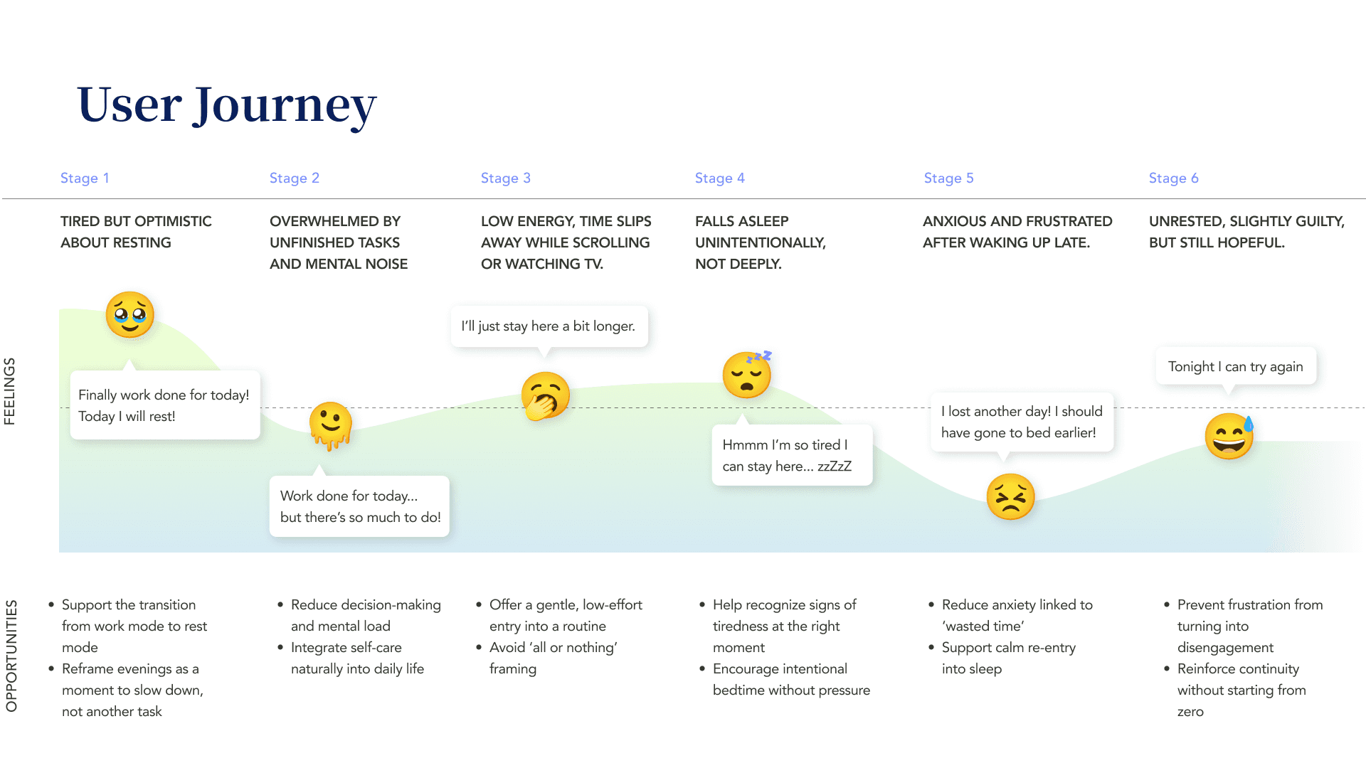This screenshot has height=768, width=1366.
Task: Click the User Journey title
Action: pyautogui.click(x=226, y=105)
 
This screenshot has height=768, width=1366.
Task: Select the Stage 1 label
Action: pyautogui.click(x=85, y=178)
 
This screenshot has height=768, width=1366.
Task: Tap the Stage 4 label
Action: pyautogui.click(x=719, y=178)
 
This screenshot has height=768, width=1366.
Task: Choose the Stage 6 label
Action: pyautogui.click(x=1173, y=178)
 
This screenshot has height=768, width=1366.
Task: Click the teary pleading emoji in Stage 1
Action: pyautogui.click(x=129, y=314)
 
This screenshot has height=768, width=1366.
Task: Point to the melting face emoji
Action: pyautogui.click(x=331, y=425)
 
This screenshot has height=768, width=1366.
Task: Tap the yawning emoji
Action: pyautogui.click(x=545, y=396)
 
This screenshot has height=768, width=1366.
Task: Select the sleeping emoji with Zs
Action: pyautogui.click(x=747, y=374)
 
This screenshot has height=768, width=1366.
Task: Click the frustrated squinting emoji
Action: pyautogui.click(x=1010, y=496)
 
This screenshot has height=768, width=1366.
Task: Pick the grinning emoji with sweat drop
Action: pyautogui.click(x=1229, y=436)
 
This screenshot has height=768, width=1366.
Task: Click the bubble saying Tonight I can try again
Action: pyautogui.click(x=1235, y=366)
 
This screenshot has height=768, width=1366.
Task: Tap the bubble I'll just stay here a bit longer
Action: pyautogui.click(x=549, y=326)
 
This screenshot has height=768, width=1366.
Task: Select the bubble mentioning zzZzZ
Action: pyautogui.click(x=791, y=455)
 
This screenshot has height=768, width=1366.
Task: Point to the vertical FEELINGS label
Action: pyautogui.click(x=10, y=391)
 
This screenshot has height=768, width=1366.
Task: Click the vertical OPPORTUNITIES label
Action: pyautogui.click(x=11, y=655)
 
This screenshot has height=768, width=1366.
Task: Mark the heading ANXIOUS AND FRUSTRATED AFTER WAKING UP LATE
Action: pyautogui.click(x=1017, y=232)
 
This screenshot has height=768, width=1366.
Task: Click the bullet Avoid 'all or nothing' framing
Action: pyautogui.click(x=552, y=658)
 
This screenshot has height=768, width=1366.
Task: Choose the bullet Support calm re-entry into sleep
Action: pyautogui.click(x=1007, y=658)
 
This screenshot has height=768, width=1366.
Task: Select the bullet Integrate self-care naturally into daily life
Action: pyautogui.click(x=356, y=658)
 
